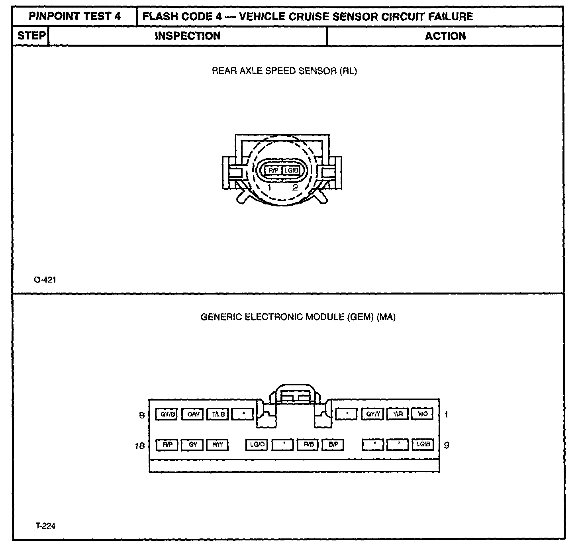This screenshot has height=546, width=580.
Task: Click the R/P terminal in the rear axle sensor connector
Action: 273,171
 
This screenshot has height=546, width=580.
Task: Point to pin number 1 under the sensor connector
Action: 270,187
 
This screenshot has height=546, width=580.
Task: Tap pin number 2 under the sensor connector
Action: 295,187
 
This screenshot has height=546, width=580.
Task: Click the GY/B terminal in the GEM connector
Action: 166,414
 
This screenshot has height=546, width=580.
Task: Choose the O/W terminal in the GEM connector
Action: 193,414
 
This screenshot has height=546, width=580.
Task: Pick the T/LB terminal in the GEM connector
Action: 218,414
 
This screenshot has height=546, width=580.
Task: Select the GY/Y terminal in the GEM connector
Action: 372,414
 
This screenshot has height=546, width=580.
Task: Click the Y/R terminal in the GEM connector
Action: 398,414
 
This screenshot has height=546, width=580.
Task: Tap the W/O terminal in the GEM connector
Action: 423,414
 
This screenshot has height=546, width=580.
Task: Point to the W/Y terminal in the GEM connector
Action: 217,445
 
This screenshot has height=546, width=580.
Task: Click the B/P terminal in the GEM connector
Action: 333,445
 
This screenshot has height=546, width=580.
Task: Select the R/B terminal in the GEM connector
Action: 308,445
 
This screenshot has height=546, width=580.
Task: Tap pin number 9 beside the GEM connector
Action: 446,445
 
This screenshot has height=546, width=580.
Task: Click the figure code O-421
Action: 45,280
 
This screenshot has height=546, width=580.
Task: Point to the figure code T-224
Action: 45,526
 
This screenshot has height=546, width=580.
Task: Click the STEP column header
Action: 31,36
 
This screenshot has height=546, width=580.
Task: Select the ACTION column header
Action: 445,36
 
